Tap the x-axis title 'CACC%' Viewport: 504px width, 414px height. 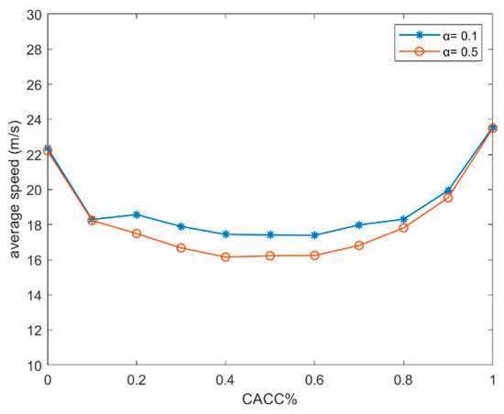[270, 401]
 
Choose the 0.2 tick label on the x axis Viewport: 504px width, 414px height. [137, 379]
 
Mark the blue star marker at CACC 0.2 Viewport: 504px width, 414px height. [137, 214]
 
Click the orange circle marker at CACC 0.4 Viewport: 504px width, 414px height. [225, 256]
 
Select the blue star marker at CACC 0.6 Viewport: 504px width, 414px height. [314, 235]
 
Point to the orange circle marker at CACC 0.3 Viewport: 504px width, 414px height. [181, 247]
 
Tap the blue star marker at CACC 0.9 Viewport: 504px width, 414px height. [448, 191]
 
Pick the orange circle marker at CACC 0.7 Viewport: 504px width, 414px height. [359, 245]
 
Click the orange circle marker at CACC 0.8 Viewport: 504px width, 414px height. [404, 227]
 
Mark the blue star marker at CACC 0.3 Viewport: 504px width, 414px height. [181, 226]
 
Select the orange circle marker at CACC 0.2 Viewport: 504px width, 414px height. [137, 234]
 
